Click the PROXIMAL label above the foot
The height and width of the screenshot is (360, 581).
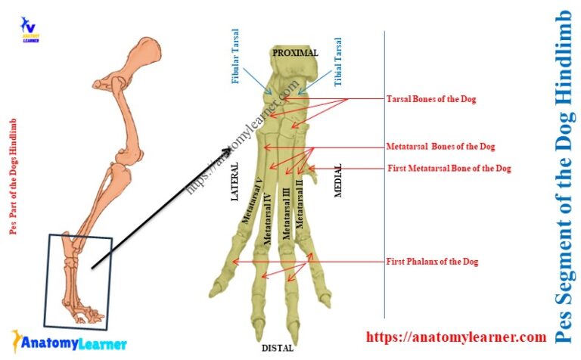pos(296,53)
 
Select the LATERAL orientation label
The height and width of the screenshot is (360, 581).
pos(235,182)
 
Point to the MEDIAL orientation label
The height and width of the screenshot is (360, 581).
pos(338,181)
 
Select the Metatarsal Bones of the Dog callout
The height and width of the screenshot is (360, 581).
pos(440,147)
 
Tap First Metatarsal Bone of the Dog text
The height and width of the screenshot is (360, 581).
pos(449,168)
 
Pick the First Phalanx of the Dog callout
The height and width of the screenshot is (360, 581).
pos(432,262)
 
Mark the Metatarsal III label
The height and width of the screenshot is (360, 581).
pos(286,214)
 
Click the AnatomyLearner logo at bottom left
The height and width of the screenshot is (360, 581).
pos(59,343)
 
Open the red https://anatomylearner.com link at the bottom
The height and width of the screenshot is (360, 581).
pos(455,337)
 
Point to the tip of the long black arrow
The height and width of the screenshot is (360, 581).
pos(231,149)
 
